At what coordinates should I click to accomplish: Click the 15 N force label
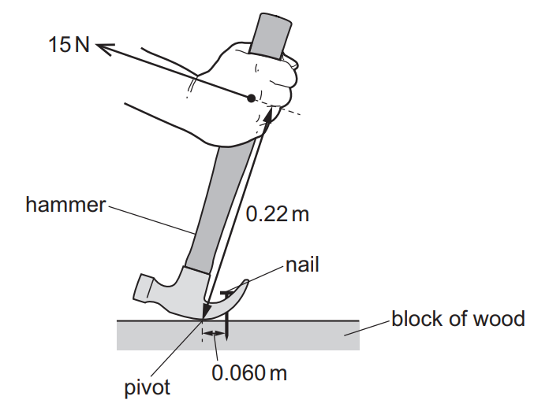click(x=69, y=45)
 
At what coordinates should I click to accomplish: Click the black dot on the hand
click(x=251, y=98)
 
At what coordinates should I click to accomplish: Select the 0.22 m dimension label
click(x=278, y=214)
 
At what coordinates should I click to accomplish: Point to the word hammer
click(x=65, y=205)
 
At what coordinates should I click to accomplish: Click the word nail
click(x=302, y=265)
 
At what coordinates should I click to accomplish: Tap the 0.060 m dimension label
click(x=249, y=372)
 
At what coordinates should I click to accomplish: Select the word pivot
click(x=147, y=387)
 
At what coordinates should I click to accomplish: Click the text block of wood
click(x=458, y=319)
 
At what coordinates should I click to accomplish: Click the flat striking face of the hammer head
click(x=140, y=287)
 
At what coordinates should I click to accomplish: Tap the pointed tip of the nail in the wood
click(x=227, y=338)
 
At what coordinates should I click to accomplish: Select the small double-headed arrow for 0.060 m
click(x=214, y=334)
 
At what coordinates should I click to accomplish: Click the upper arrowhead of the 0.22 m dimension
click(x=268, y=113)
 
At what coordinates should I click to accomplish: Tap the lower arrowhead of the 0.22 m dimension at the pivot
click(x=206, y=311)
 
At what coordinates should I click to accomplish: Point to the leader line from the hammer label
click(x=151, y=220)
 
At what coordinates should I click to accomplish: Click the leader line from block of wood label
click(x=367, y=328)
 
